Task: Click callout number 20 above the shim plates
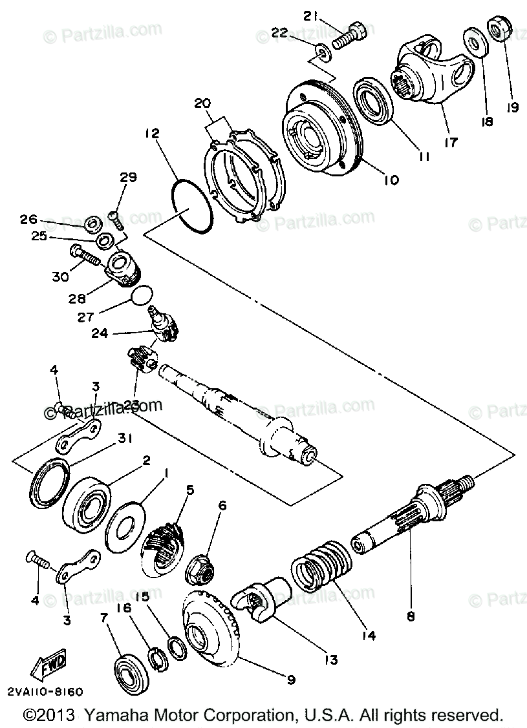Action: click(x=202, y=103)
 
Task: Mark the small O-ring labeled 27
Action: click(x=142, y=296)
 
